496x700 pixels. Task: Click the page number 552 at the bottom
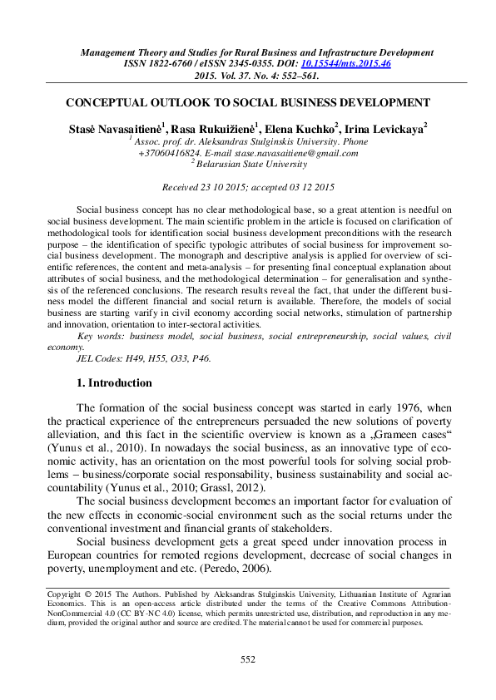pyautogui.click(x=247, y=659)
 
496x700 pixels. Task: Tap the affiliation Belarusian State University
pyautogui.click(x=251, y=165)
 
